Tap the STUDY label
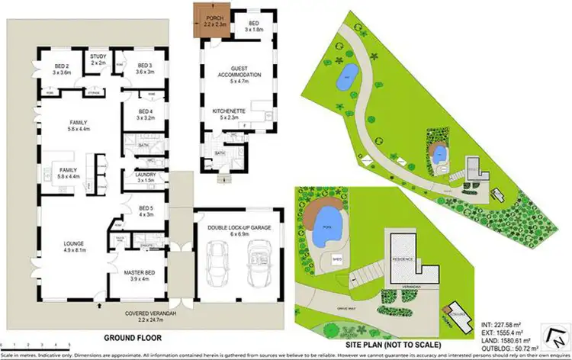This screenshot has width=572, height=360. pos(98,57)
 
